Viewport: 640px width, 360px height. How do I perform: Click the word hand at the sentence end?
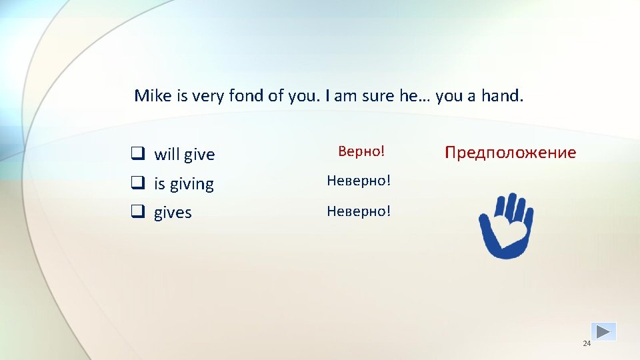(x=501, y=95)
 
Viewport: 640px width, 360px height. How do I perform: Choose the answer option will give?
(x=185, y=155)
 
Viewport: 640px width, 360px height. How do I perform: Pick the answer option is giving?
(x=184, y=184)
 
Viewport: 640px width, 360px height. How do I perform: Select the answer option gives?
(x=173, y=213)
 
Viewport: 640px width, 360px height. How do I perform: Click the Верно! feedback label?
(x=361, y=151)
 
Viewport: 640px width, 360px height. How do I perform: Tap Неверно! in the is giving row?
(x=359, y=181)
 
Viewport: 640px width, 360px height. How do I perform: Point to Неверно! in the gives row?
(x=359, y=211)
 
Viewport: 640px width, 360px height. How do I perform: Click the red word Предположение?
(x=510, y=153)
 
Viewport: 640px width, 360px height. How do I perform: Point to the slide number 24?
(x=587, y=343)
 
